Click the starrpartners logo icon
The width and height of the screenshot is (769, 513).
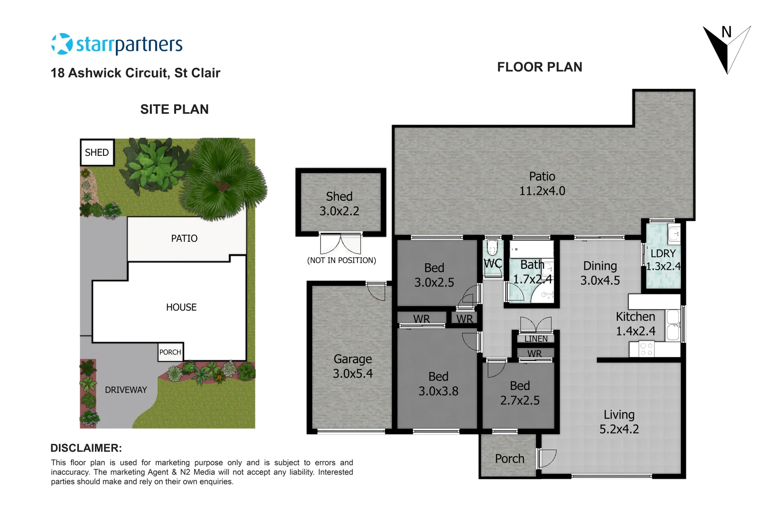(62, 44)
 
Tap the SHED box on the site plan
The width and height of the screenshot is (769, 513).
(97, 152)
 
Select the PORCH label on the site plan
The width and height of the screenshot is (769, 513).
(170, 352)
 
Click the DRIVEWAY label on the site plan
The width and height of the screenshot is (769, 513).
(126, 390)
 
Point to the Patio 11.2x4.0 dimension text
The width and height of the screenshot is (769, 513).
(542, 191)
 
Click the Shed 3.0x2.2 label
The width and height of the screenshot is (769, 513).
(339, 204)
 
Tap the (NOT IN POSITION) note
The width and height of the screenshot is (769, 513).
(341, 260)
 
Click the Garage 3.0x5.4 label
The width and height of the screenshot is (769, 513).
(352, 366)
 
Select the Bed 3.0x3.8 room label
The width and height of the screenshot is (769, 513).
(438, 384)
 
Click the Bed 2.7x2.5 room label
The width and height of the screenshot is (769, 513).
(519, 393)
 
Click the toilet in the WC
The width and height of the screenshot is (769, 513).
(492, 247)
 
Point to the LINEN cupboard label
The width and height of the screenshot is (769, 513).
(535, 339)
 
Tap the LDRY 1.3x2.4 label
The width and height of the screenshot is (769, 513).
(663, 260)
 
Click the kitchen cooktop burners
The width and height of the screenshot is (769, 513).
(646, 349)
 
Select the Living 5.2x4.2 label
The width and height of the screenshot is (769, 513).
(619, 422)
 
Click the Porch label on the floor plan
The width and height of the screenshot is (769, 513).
(509, 458)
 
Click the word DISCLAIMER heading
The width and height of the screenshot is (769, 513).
(86, 448)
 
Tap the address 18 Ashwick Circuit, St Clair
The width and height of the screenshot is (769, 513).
(135, 73)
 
